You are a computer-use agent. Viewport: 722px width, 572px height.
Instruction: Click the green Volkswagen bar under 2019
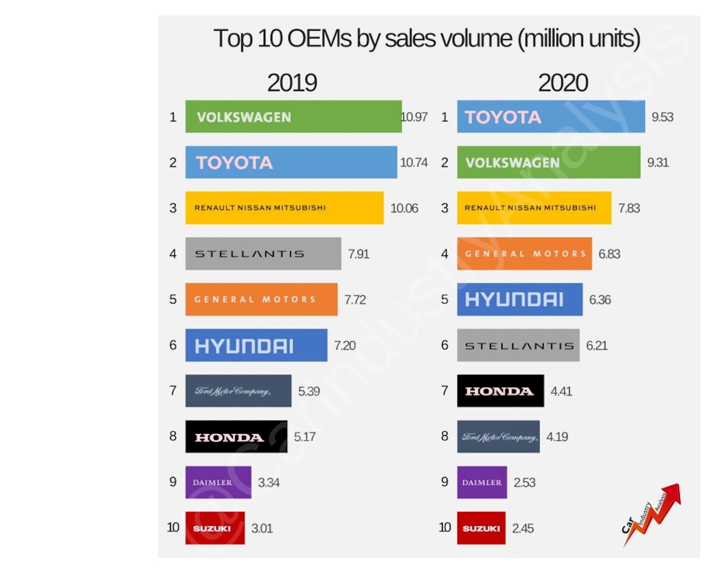[x=293, y=117]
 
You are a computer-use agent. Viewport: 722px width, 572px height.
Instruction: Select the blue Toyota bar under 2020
[x=551, y=117]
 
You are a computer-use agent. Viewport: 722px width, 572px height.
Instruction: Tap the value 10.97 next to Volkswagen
[x=414, y=117]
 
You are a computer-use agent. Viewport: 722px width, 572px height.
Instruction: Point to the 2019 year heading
[x=292, y=83]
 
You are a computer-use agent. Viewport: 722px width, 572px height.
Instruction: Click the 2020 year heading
[x=563, y=83]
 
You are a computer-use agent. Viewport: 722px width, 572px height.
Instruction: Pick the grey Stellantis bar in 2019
[x=263, y=253]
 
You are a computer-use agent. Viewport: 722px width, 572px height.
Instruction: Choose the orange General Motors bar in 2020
[x=524, y=253]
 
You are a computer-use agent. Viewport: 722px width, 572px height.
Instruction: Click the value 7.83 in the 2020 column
[x=629, y=208]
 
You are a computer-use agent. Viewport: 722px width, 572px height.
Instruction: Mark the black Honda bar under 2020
[x=500, y=391]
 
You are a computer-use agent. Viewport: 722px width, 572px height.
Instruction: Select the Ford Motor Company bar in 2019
[x=238, y=391]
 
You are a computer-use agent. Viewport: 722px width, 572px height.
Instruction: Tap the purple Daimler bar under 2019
[x=218, y=482]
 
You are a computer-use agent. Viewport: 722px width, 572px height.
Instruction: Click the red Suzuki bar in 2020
[x=481, y=528]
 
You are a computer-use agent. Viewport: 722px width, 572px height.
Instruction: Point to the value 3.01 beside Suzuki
[x=262, y=528]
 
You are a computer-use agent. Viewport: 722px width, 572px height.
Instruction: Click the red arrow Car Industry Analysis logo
[x=652, y=515]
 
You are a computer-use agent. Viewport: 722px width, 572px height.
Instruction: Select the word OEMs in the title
[x=319, y=39]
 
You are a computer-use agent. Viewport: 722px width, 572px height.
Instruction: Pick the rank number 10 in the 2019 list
[x=173, y=528]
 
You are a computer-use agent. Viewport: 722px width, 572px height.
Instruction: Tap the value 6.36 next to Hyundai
[x=600, y=300]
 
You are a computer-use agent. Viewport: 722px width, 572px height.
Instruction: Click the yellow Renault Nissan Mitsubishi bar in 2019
[x=284, y=208]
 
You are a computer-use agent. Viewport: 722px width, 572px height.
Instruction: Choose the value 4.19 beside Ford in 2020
[x=557, y=437]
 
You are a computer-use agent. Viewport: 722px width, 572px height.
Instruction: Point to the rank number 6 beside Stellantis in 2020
[x=445, y=345]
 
